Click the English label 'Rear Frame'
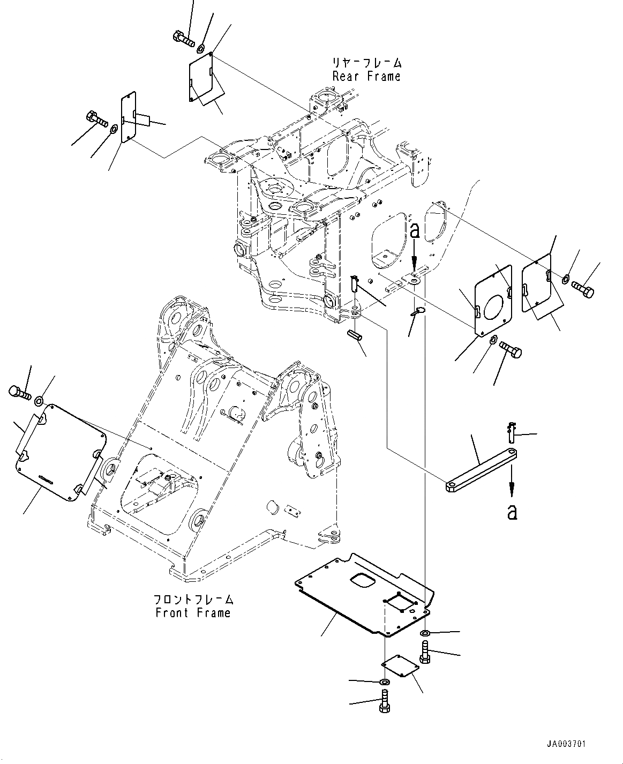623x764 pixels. pyautogui.click(x=366, y=76)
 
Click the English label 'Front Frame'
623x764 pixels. pyautogui.click(x=193, y=612)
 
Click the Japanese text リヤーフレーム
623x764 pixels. pyautogui.click(x=366, y=63)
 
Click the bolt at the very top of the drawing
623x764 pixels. pyautogui.click(x=184, y=39)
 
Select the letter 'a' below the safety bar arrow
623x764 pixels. pyautogui.click(x=512, y=512)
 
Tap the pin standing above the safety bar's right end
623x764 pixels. pyautogui.click(x=512, y=431)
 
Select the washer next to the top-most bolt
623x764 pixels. pyautogui.click(x=201, y=48)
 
